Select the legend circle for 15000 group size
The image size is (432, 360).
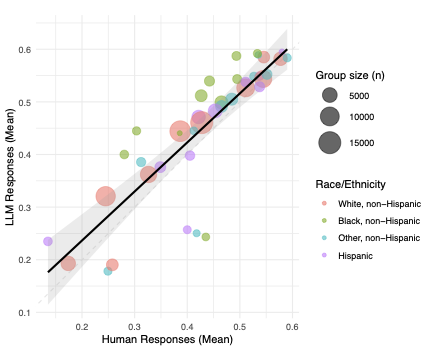pyautogui.click(x=329, y=142)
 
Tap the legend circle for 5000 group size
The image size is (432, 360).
pyautogui.click(x=329, y=96)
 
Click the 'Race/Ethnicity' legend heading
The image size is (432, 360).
pyautogui.click(x=346, y=182)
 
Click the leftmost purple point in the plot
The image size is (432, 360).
pyautogui.click(x=47, y=242)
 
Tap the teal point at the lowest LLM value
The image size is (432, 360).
pyautogui.click(x=108, y=271)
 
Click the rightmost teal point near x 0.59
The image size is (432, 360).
pyautogui.click(x=288, y=58)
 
